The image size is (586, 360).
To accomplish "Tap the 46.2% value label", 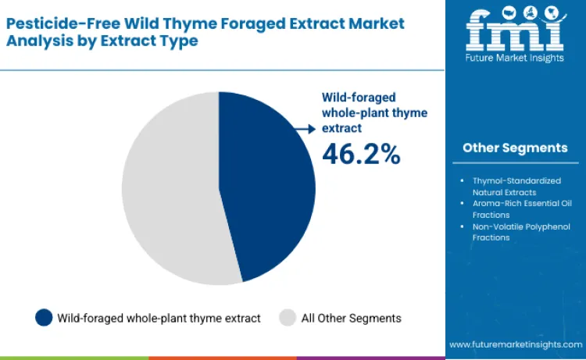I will (361, 154).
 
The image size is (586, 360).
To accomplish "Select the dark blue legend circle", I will (44, 317).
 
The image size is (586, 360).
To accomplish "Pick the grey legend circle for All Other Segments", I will (288, 317).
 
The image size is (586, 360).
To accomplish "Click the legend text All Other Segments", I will (351, 318).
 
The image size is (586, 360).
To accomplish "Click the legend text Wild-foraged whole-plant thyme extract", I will (159, 318).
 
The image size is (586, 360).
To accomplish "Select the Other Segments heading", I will (515, 148).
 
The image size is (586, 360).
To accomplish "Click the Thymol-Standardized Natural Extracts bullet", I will (515, 185).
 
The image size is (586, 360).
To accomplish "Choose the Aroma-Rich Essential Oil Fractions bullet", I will (515, 209).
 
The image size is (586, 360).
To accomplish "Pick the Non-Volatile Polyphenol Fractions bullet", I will (515, 232).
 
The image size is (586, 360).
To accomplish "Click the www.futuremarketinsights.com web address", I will (515, 344).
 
